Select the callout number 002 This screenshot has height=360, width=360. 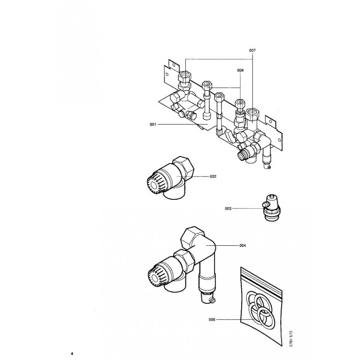(x=213, y=176)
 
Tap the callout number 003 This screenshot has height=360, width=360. (x=228, y=208)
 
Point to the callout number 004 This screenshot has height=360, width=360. (x=243, y=245)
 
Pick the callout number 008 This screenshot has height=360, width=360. (x=240, y=70)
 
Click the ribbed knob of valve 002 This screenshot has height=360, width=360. (x=154, y=181)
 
